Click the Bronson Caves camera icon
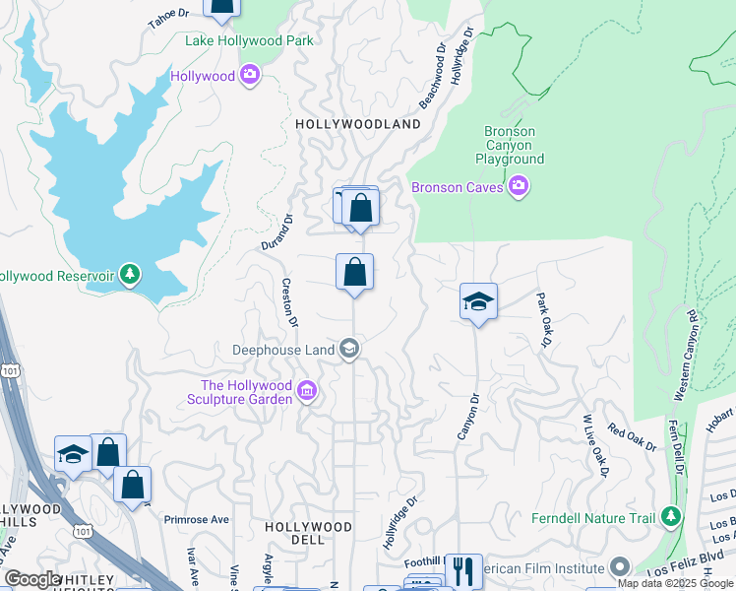[519, 186]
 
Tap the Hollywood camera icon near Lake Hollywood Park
[249, 76]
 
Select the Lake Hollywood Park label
[250, 40]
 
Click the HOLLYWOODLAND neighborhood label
[358, 124]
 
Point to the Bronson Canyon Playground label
[509, 145]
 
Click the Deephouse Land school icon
[348, 349]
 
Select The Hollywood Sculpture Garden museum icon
[306, 392]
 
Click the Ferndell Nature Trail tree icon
[670, 517]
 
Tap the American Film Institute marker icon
[619, 567]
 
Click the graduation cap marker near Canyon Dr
[478, 301]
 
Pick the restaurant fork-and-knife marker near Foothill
[463, 570]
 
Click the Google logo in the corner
[32, 580]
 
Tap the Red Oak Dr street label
[632, 437]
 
